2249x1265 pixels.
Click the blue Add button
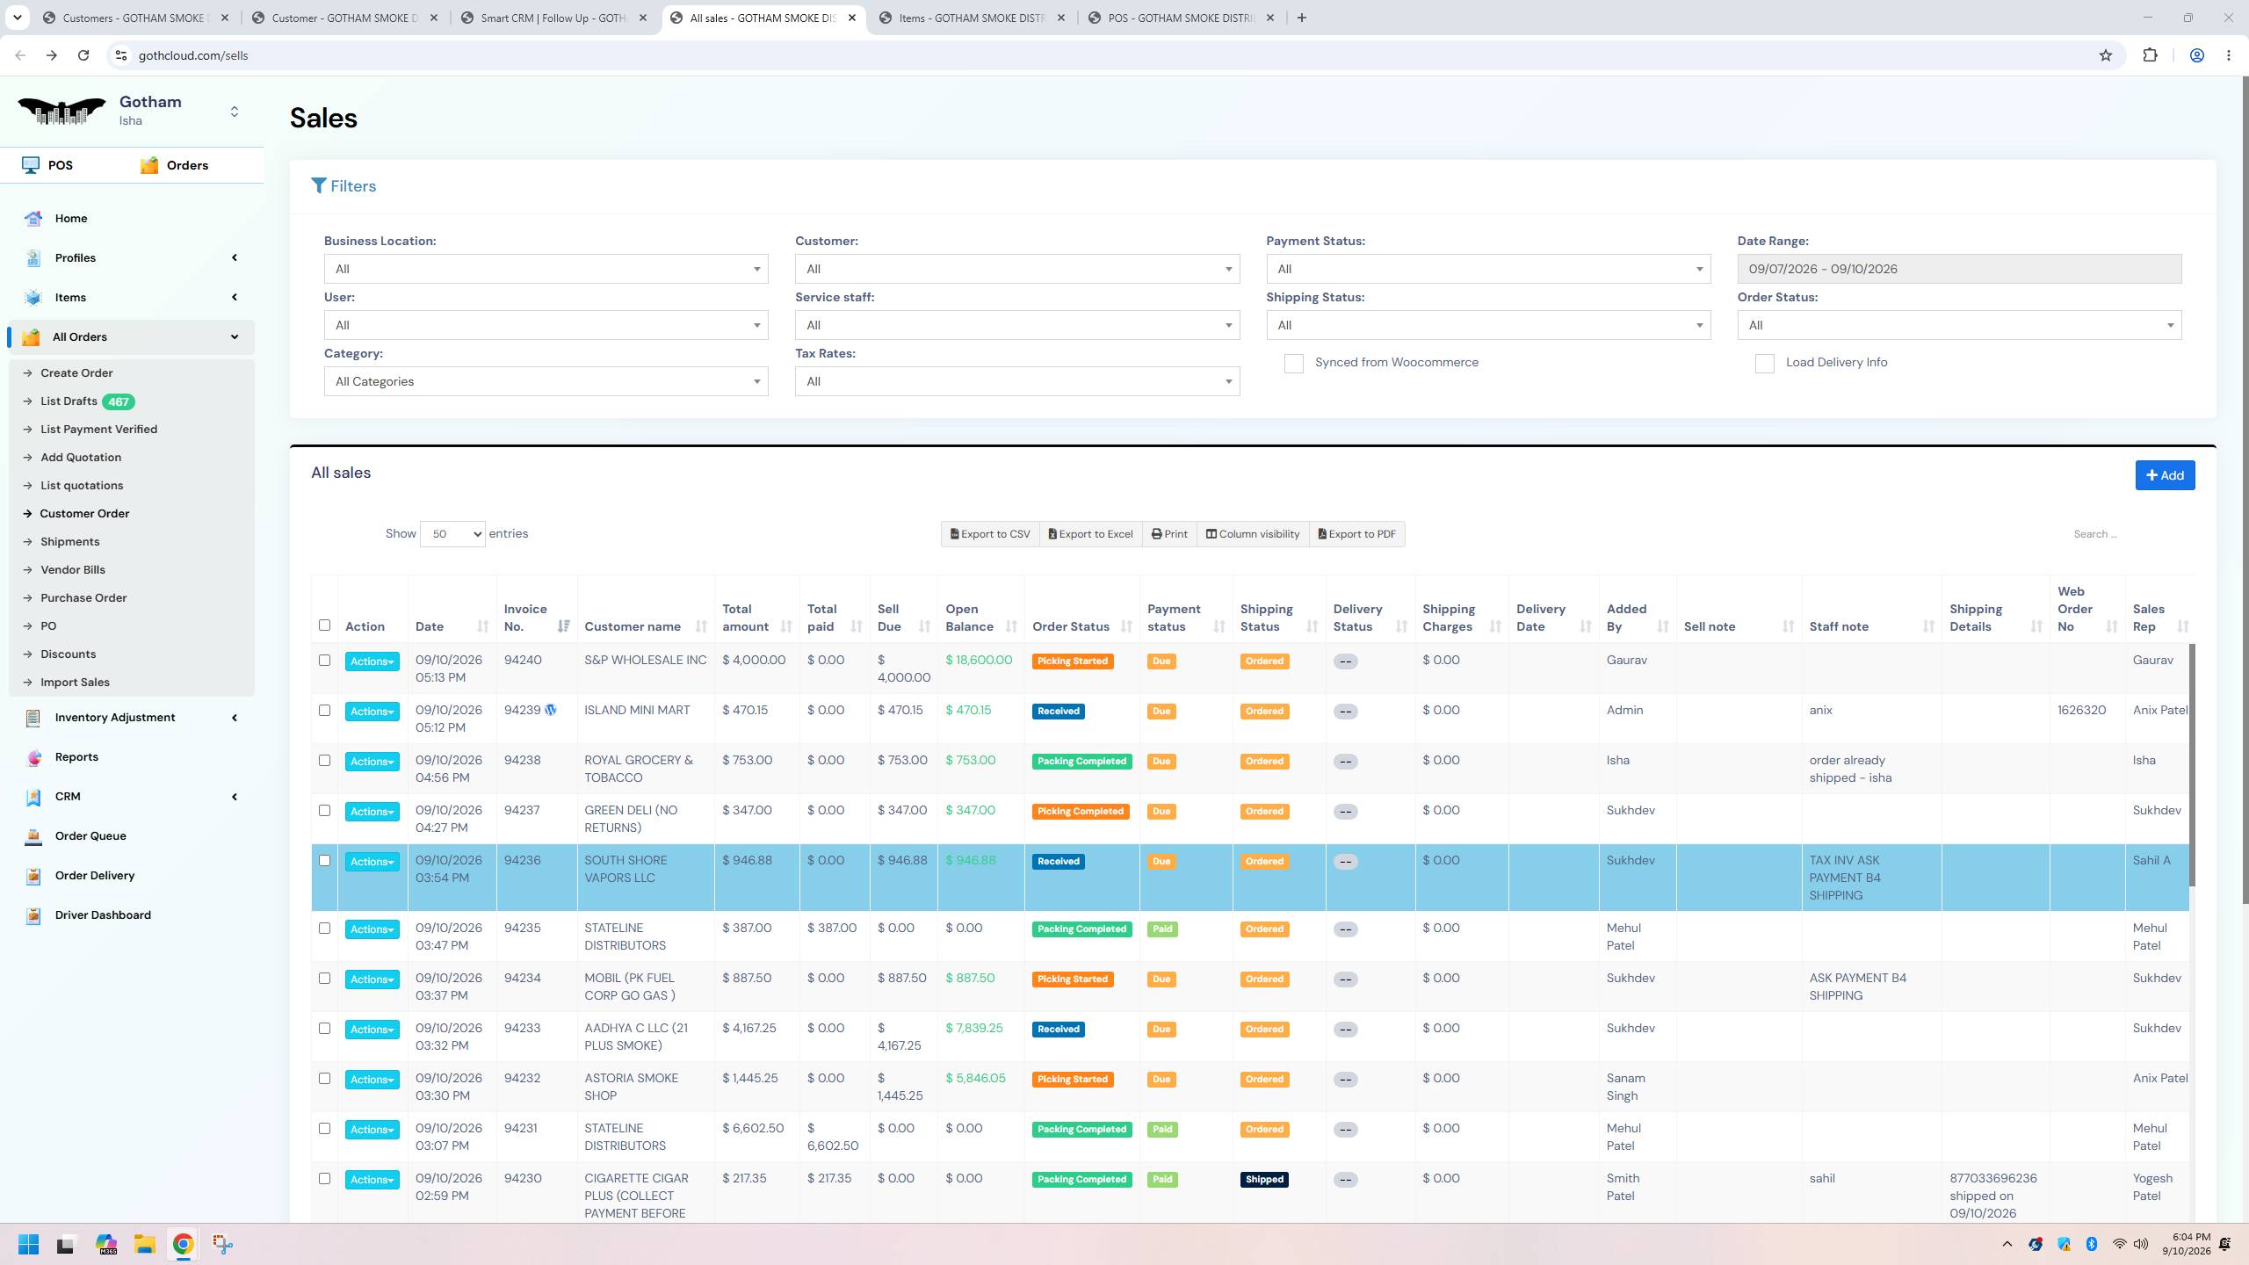tap(2165, 475)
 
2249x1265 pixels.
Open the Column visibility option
tap(1252, 534)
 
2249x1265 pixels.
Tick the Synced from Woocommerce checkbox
tap(1293, 364)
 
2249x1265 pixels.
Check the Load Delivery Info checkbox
tap(1764, 364)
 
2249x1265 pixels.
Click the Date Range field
tap(1959, 269)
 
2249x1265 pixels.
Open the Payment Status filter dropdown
tap(1488, 269)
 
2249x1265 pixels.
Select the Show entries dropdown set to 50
tap(452, 534)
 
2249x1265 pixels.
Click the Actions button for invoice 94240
tap(372, 661)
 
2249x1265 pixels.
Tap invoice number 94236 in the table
tap(523, 861)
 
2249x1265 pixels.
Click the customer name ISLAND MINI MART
tap(637, 711)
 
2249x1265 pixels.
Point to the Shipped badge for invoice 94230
tap(1264, 1180)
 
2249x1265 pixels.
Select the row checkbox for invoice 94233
tap(324, 1029)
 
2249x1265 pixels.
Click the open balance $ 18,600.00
tap(979, 661)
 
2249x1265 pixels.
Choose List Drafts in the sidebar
tap(69, 401)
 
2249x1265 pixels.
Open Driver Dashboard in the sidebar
tap(103, 915)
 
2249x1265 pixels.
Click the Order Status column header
tap(1071, 627)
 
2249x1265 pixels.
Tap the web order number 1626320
tap(2081, 711)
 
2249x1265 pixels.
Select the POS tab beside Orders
tap(61, 165)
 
